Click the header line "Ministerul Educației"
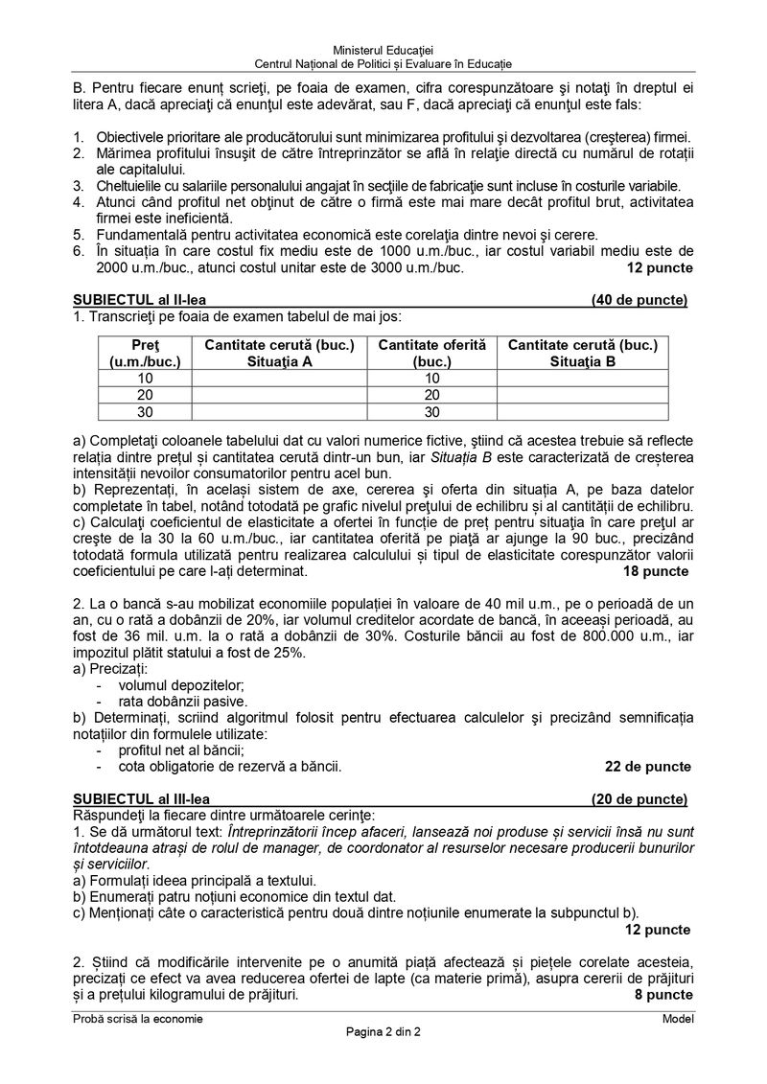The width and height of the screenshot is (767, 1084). click(383, 50)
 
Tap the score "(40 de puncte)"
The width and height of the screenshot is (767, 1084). click(639, 300)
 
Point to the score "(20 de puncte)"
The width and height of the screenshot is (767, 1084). click(639, 798)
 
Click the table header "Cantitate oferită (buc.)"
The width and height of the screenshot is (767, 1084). click(431, 353)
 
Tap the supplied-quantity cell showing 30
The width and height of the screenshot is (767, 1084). click(431, 412)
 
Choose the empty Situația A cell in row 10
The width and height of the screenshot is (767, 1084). click(279, 378)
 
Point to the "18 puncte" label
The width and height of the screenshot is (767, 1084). click(656, 571)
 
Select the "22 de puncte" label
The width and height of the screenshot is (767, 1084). click(648, 767)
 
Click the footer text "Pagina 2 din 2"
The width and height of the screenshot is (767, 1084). click(383, 1032)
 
